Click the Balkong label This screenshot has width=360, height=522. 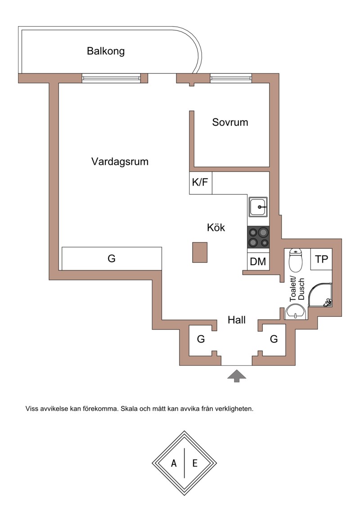click(106, 51)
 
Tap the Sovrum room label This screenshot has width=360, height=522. click(230, 122)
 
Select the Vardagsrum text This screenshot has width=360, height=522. click(120, 162)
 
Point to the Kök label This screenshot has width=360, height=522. click(216, 227)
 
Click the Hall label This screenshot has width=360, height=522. click(236, 320)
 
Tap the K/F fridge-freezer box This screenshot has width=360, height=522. click(201, 183)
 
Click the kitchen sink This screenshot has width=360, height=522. click(258, 207)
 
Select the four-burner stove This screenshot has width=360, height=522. click(258, 237)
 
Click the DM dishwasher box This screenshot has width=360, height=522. click(258, 261)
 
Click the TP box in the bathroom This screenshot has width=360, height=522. click(321, 259)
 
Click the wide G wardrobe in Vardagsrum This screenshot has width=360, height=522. click(112, 258)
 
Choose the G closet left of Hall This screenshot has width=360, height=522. click(201, 339)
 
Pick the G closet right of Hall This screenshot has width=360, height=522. click(274, 339)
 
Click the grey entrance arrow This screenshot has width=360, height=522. click(237, 376)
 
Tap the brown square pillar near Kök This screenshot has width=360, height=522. click(200, 252)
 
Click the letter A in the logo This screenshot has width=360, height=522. click(174, 463)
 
